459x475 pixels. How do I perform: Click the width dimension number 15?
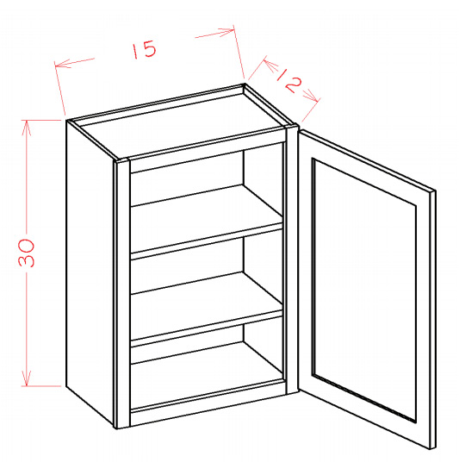coord(145,49)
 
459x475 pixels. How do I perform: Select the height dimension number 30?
coord(27,253)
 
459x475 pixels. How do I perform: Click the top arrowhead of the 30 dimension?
coord(27,127)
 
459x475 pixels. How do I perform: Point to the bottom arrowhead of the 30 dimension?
coord(27,379)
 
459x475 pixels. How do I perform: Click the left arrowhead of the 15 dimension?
coord(62,64)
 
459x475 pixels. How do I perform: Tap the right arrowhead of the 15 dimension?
coord(226,32)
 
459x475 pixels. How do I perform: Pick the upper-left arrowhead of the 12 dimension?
coord(270,66)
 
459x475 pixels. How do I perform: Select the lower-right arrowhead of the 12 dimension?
coord(311,96)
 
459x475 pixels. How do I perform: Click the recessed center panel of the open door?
coord(364,291)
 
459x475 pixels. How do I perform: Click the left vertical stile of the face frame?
coord(123,294)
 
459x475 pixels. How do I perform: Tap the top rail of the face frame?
coord(208,150)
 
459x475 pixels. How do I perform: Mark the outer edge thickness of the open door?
coord(432,320)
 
